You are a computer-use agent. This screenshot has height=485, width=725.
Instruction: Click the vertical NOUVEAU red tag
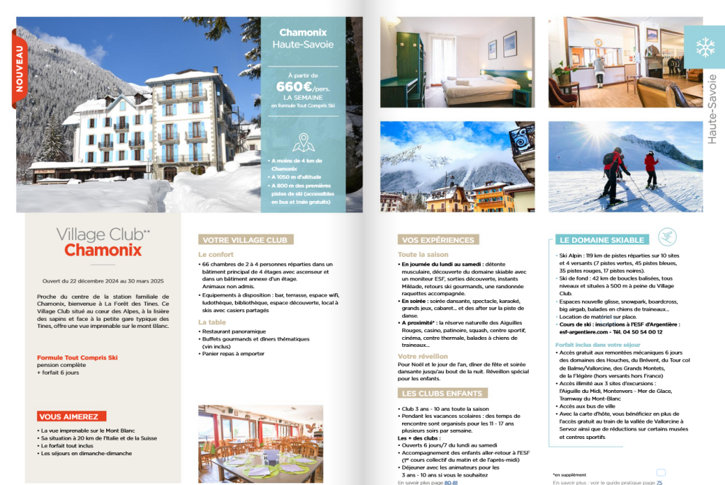point(19,69)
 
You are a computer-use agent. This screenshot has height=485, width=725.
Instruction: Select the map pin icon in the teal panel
point(303,142)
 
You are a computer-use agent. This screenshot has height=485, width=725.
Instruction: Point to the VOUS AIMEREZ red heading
point(72,416)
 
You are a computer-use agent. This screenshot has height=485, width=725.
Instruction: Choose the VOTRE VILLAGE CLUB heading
point(245,240)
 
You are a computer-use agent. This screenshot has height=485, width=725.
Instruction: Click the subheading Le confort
point(216,254)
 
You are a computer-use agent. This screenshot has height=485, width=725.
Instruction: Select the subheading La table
point(212,322)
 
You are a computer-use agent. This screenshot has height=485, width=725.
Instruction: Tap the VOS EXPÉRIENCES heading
point(438,240)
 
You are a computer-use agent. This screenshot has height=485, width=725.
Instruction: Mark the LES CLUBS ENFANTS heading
point(443,393)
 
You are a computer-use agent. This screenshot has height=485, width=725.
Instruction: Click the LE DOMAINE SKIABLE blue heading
point(601,240)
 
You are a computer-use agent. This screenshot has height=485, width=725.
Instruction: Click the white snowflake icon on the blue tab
point(704,47)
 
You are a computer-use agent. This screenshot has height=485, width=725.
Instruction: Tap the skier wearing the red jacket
point(650,169)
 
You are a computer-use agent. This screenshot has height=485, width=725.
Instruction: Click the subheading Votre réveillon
point(423,356)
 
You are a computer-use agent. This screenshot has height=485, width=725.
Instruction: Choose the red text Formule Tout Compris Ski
point(77,358)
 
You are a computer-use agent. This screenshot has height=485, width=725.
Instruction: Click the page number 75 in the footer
point(659,482)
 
